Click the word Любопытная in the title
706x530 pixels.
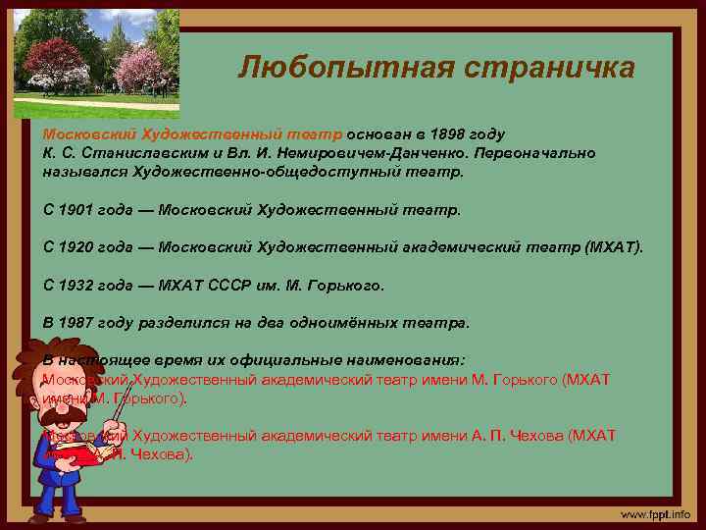pos(323,68)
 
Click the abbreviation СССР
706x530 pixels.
pos(232,285)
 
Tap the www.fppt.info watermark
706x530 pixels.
pos(654,514)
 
